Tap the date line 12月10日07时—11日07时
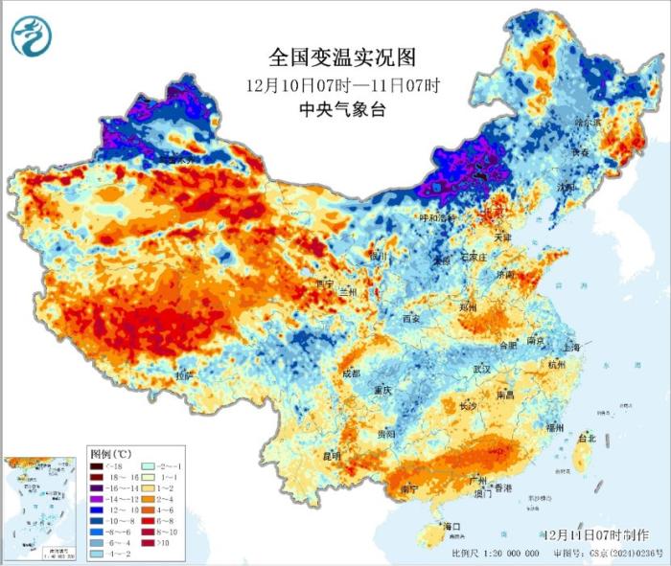[343, 84]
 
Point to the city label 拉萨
[184, 374]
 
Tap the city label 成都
[349, 372]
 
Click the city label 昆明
[331, 455]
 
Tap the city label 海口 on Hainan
[451, 527]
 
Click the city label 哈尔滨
[586, 123]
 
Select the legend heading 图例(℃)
[106, 451]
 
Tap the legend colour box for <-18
[97, 465]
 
